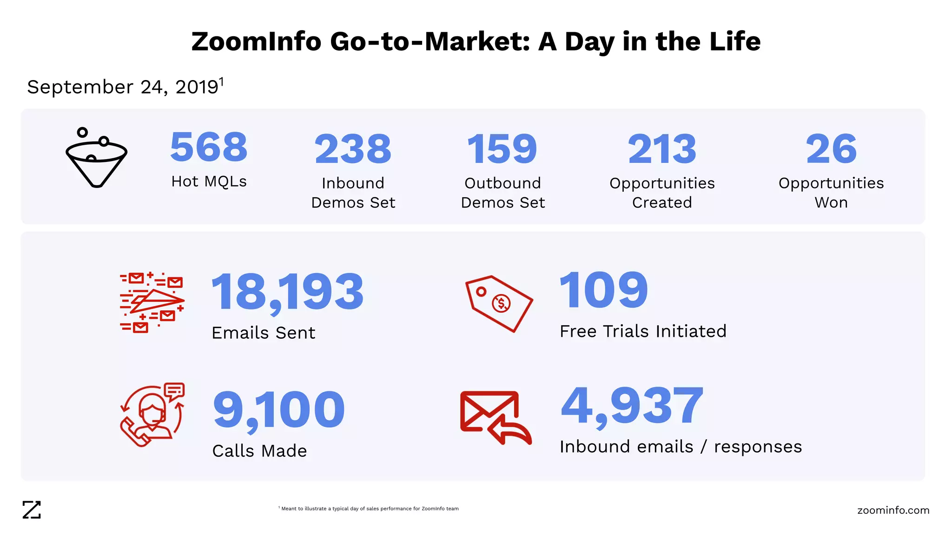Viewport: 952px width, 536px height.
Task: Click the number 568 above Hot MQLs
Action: pyautogui.click(x=209, y=147)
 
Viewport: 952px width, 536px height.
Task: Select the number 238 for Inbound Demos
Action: pyautogui.click(x=353, y=149)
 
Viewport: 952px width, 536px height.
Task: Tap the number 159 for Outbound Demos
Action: pyautogui.click(x=502, y=149)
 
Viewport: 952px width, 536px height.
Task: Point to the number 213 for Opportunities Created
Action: pyautogui.click(x=662, y=149)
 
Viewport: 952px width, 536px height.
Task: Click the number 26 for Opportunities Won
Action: pyautogui.click(x=831, y=149)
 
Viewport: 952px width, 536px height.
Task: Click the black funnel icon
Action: pyautogui.click(x=96, y=158)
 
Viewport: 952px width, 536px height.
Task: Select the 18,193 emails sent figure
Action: pyautogui.click(x=287, y=292)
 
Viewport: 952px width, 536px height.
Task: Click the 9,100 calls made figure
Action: pyautogui.click(x=279, y=410)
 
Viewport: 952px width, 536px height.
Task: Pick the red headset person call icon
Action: pyautogui.click(x=152, y=414)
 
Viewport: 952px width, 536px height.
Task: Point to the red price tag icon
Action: pyautogui.click(x=499, y=303)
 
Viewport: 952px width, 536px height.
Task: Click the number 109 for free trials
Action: pyautogui.click(x=603, y=290)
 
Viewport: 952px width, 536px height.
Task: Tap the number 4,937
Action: pyautogui.click(x=632, y=406)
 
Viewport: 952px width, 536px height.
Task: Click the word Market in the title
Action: pyautogui.click(x=477, y=41)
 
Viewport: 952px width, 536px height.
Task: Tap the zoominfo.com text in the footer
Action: pyautogui.click(x=893, y=510)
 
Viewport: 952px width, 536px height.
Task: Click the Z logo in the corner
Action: pyautogui.click(x=32, y=510)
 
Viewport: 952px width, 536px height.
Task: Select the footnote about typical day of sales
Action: pyautogui.click(x=369, y=509)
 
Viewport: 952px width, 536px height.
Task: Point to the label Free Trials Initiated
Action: pyautogui.click(x=643, y=331)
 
